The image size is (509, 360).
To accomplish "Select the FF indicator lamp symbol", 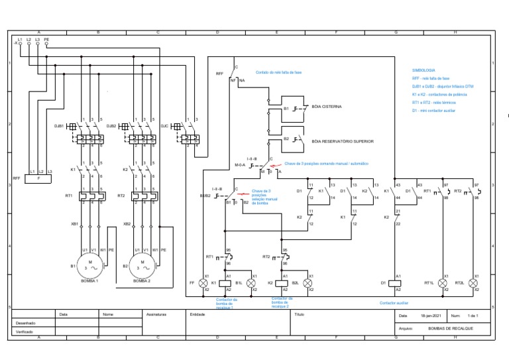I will tap(203, 283).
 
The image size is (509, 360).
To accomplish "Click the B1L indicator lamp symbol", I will tap(251, 283).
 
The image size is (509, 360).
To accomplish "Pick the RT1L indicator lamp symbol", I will tap(445, 283).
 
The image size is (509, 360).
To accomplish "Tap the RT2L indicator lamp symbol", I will tap(473, 283).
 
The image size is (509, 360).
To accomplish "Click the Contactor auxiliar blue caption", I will tap(394, 303).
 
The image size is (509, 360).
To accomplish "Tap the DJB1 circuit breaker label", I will tap(59, 125).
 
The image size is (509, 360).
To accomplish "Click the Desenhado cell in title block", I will tap(25, 323).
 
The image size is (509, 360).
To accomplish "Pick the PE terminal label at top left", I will tap(46, 39).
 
